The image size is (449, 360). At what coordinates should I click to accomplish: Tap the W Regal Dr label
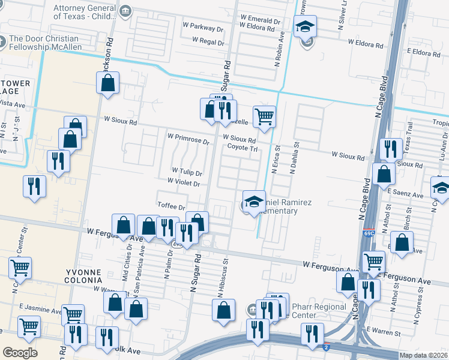208,41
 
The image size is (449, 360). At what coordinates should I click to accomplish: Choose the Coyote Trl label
242,147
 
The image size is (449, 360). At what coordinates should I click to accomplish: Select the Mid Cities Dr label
127,262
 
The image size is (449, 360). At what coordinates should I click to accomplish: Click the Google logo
19,353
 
